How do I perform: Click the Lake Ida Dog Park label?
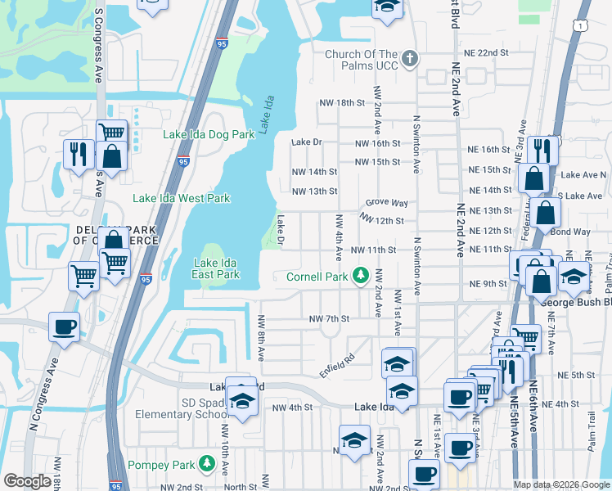209,134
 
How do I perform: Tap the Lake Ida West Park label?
182,198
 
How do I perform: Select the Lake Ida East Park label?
216,268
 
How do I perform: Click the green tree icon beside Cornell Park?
360,276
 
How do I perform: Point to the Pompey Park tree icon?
207,464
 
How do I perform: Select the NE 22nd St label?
488,52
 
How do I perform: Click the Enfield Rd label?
337,365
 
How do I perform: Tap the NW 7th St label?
329,318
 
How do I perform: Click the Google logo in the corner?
26,481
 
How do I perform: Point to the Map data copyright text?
561,484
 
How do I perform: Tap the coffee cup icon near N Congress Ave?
64,328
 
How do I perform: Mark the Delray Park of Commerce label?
115,235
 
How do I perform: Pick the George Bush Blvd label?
576,301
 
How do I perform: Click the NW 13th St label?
315,191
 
